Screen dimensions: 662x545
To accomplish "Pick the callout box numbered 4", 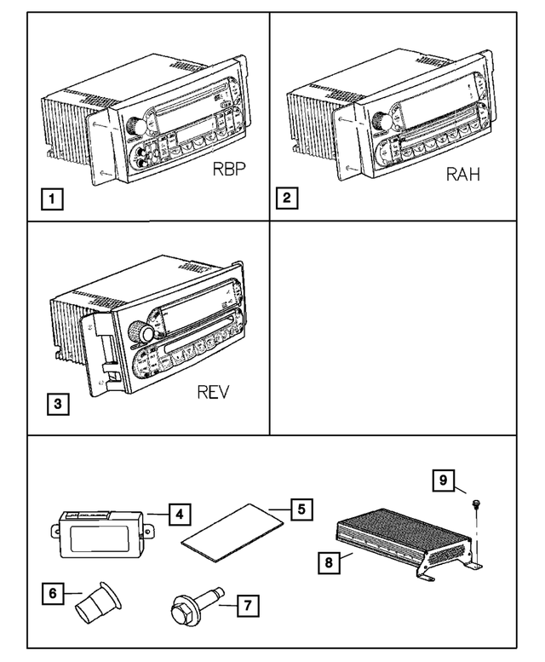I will [x=179, y=514].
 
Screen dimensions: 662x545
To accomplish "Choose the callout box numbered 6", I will [x=54, y=593].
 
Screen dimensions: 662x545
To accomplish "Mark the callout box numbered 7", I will [x=247, y=607].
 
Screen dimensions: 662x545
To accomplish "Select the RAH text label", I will [x=462, y=176].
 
